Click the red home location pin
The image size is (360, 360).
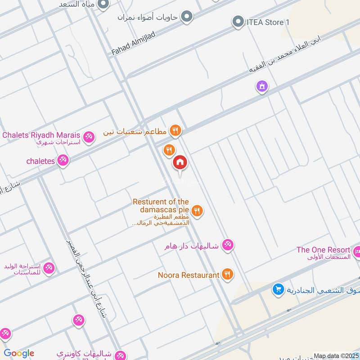pyautogui.click(x=180, y=163)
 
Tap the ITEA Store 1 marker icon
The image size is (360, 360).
pyautogui.click(x=238, y=22)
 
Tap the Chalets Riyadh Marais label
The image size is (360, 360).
pyautogui.click(x=41, y=135)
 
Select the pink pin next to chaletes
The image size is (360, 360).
pyautogui.click(x=63, y=160)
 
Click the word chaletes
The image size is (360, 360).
pyautogui.click(x=40, y=161)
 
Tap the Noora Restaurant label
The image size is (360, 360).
pyautogui.click(x=189, y=274)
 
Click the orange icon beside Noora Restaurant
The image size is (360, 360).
pyautogui.click(x=228, y=274)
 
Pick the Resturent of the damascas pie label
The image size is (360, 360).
pyautogui.click(x=161, y=206)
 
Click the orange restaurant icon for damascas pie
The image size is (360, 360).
pyautogui.click(x=197, y=210)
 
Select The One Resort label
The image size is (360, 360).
pyautogui.click(x=323, y=250)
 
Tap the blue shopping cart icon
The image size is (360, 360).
pyautogui.click(x=278, y=289)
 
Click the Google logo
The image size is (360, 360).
pyautogui.click(x=19, y=353)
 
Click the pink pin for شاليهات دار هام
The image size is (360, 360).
pyautogui.click(x=228, y=245)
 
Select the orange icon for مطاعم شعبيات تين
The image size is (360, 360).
pyautogui.click(x=176, y=131)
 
